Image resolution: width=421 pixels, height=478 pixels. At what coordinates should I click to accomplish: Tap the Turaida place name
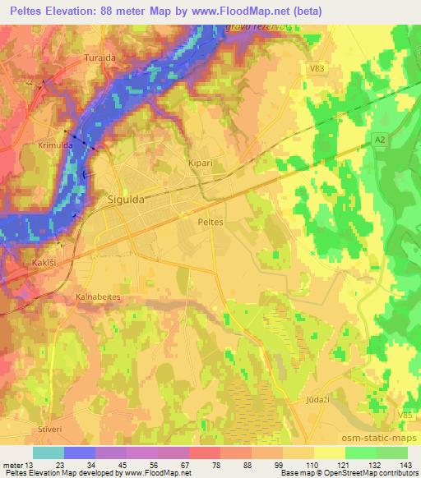101,58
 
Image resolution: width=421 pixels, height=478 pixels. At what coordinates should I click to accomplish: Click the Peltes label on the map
211,221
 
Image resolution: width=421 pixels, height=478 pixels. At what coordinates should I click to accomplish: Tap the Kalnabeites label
98,296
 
